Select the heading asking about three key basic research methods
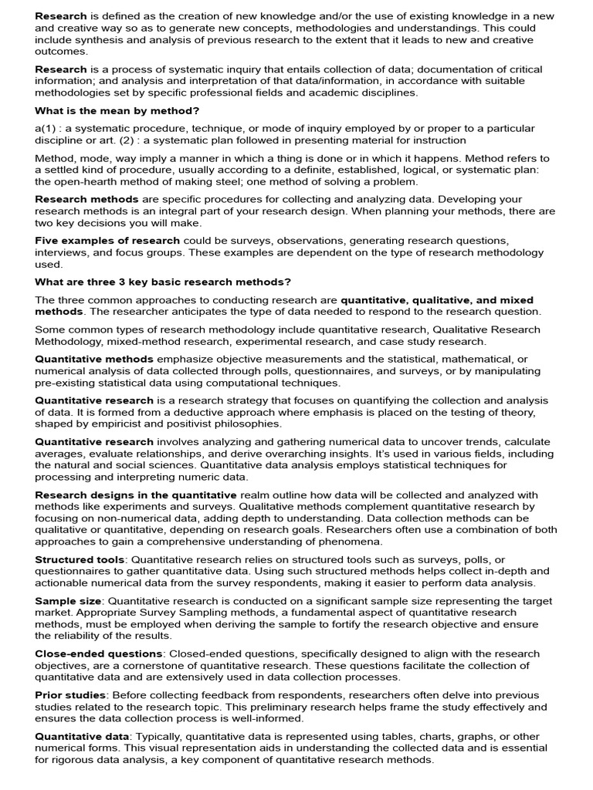click(162, 282)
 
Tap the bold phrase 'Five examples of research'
click(107, 241)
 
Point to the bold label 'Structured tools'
click(79, 559)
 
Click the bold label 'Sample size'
click(68, 600)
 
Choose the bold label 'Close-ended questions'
click(98, 653)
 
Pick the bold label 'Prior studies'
click(70, 695)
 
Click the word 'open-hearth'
click(88, 182)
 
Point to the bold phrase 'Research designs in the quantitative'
click(136, 495)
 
